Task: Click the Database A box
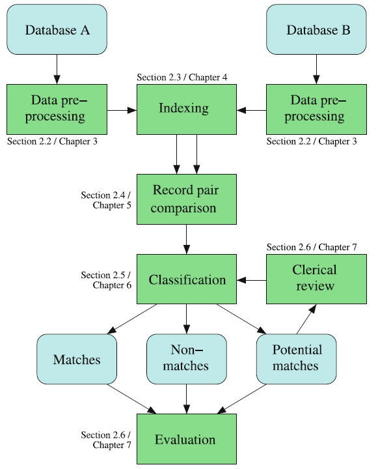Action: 57,29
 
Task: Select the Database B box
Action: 317,29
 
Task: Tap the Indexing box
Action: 187,109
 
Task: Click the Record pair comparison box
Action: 187,199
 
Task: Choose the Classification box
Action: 187,280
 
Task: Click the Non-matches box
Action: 187,358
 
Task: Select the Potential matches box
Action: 296,358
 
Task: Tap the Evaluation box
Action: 187,440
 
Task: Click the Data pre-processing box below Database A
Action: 57,109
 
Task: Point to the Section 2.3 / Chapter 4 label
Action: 182,78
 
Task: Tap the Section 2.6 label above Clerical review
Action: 312,247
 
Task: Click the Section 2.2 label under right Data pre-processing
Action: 312,141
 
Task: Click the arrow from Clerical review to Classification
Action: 252,280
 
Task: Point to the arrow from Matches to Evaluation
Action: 131,398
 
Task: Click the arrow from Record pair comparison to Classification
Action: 187,239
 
